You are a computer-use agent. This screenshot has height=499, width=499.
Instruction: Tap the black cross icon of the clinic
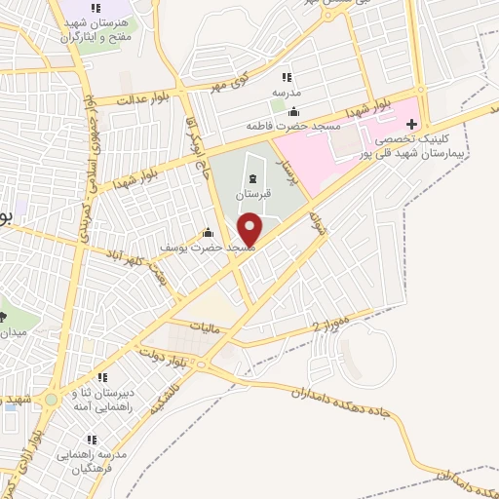coord(411,124)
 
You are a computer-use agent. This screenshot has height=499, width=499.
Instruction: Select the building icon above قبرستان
coord(254,178)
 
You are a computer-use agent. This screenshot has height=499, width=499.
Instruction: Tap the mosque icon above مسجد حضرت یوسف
coord(207,234)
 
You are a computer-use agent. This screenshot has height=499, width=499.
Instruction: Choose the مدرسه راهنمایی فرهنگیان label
coord(95,461)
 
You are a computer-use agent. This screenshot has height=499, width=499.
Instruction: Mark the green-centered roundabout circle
coord(52,401)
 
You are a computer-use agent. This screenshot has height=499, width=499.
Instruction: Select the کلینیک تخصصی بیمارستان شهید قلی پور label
coord(448,146)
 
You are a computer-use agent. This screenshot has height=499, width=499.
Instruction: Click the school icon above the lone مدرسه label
coord(286,77)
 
